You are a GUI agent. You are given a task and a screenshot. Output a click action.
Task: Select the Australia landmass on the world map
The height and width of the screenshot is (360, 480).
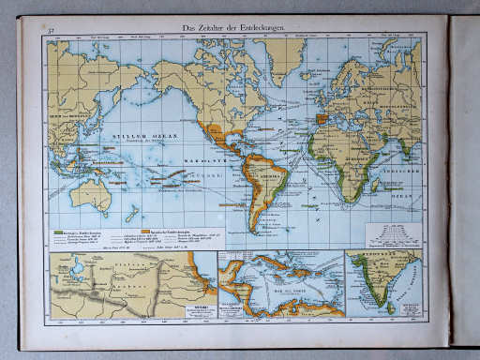[94, 195]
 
